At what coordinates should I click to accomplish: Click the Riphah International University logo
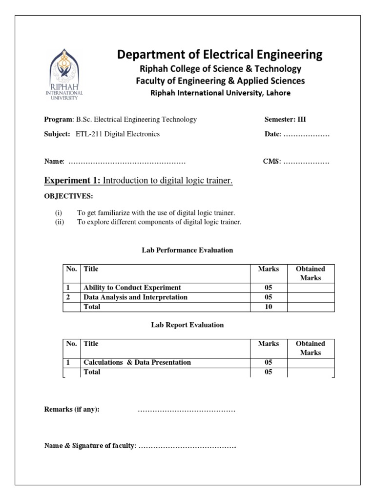point(64,73)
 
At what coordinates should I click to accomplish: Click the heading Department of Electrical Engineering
point(220,54)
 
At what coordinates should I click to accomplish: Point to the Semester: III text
point(285,119)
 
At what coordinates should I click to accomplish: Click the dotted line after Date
point(306,135)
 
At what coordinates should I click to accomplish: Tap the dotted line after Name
point(126,162)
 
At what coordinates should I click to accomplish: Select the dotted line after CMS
point(306,162)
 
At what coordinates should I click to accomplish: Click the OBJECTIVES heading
point(68,196)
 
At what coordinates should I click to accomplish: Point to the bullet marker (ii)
point(60,222)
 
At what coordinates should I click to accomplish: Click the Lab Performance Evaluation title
point(187,250)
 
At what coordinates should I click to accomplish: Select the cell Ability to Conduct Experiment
point(132,288)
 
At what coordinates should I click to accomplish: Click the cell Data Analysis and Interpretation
point(136,297)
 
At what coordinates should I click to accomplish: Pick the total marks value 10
point(269,307)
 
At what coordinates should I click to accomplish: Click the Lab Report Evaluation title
point(187,325)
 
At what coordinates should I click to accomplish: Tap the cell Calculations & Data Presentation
point(137,362)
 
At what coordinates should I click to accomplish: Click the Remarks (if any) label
point(72,409)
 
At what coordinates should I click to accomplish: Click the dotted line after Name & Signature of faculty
point(187,446)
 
